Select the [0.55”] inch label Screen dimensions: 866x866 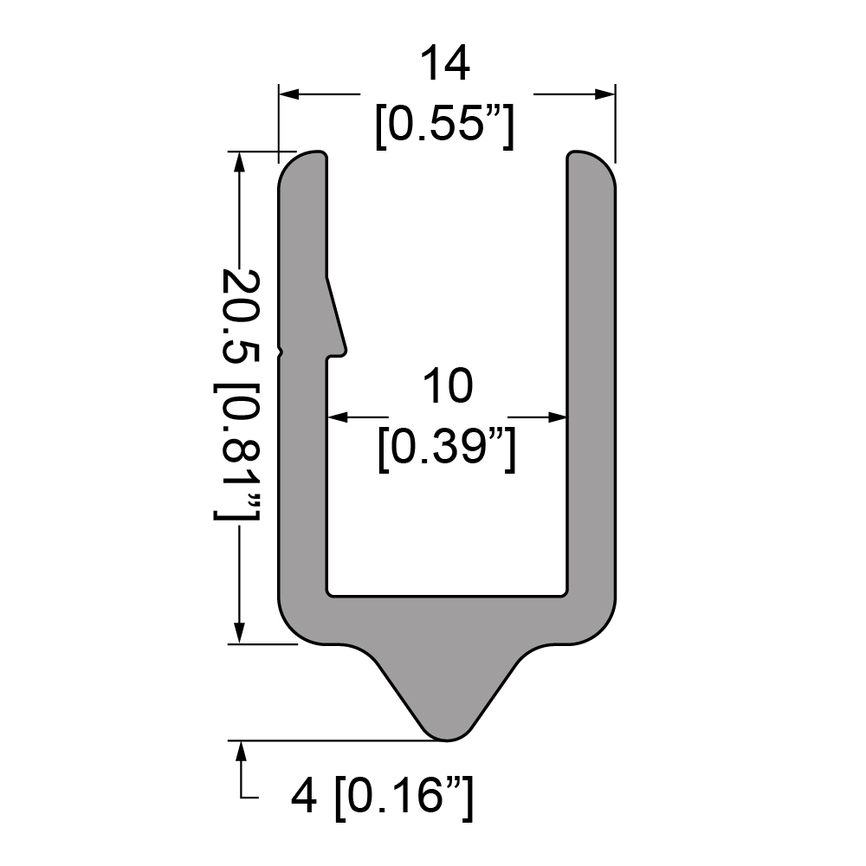445,125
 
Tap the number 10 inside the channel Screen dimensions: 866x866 448,386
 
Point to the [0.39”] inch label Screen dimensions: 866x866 448,448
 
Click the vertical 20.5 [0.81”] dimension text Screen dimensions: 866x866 237,394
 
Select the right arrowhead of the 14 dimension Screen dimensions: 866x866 604,94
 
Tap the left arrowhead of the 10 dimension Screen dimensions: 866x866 338,417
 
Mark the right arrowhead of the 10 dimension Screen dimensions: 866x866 557,417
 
